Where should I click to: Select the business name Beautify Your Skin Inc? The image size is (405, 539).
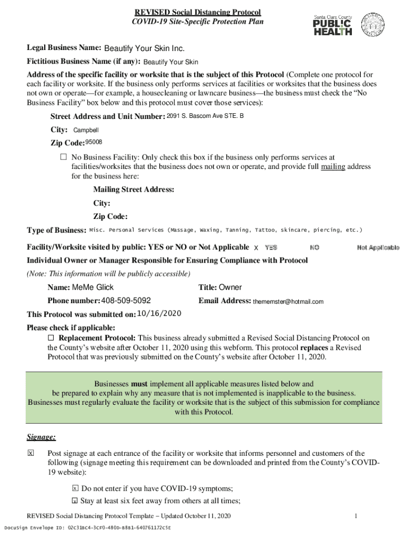(144, 49)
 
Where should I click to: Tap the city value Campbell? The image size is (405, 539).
(86, 130)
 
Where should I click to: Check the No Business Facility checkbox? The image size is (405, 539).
(64, 157)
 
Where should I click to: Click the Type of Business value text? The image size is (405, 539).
(226, 230)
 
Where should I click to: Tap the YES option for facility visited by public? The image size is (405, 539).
(271, 247)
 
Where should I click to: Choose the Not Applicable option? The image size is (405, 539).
(378, 247)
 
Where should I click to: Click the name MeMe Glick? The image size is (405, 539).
(93, 287)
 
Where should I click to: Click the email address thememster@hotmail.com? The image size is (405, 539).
(288, 302)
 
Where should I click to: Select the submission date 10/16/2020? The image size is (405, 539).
(159, 314)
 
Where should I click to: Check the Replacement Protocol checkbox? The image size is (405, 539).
(51, 338)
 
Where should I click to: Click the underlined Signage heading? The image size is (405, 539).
(42, 437)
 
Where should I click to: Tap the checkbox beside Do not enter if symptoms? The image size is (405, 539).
(75, 488)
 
